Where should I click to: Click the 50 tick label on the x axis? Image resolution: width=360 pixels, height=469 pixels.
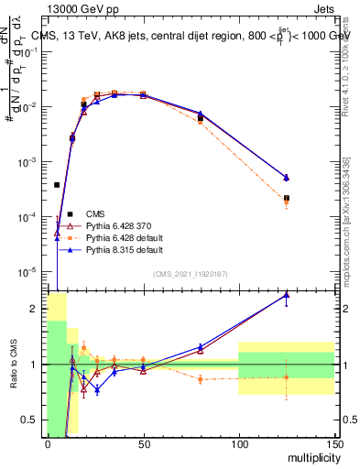click(143, 444)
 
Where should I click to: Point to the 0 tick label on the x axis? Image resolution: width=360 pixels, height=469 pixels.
click(48, 444)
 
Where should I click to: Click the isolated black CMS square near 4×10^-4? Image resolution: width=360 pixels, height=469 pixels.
click(57, 185)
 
